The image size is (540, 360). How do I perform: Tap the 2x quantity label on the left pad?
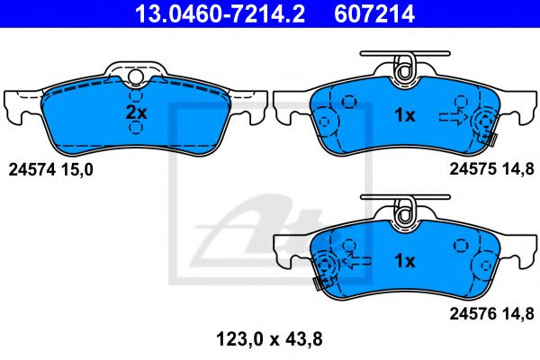[x=135, y=112]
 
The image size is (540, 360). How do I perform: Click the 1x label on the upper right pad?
[x=405, y=115]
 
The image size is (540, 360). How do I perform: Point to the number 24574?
[x=31, y=168]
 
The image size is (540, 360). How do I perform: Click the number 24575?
[x=472, y=168]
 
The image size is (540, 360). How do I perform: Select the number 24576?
[x=472, y=313]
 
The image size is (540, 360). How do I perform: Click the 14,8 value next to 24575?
[x=521, y=168]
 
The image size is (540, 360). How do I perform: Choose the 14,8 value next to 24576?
[x=521, y=313]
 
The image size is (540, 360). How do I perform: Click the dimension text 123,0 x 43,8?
[x=270, y=339]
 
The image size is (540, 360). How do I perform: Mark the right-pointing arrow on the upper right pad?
[x=451, y=116]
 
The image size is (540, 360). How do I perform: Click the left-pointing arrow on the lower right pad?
[x=359, y=260]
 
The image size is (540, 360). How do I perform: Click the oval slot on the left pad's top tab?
[x=136, y=74]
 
